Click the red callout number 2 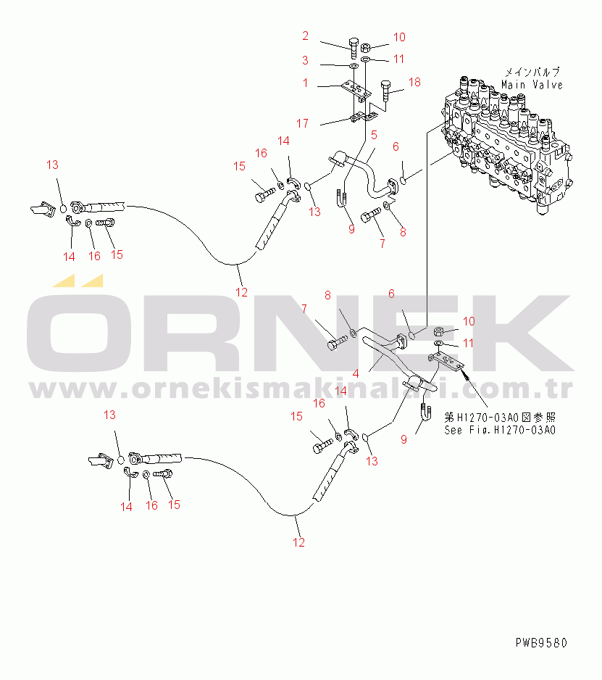tap(305, 36)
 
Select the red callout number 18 tap(414, 83)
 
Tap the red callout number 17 tap(303, 123)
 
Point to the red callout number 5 tap(374, 136)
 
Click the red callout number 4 tap(356, 374)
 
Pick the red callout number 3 tap(305, 60)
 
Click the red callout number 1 tap(305, 83)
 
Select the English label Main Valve tap(532, 85)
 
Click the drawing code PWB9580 tap(541, 643)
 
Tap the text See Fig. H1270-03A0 tap(500, 430)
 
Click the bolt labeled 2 tap(354, 47)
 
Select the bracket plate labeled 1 tap(356, 90)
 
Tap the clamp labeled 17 tap(363, 117)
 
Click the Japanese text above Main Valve tap(532, 72)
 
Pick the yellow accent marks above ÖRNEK tap(78, 281)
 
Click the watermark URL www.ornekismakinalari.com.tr tap(301, 389)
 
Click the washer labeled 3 tap(354, 67)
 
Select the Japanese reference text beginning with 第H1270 tap(500, 418)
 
